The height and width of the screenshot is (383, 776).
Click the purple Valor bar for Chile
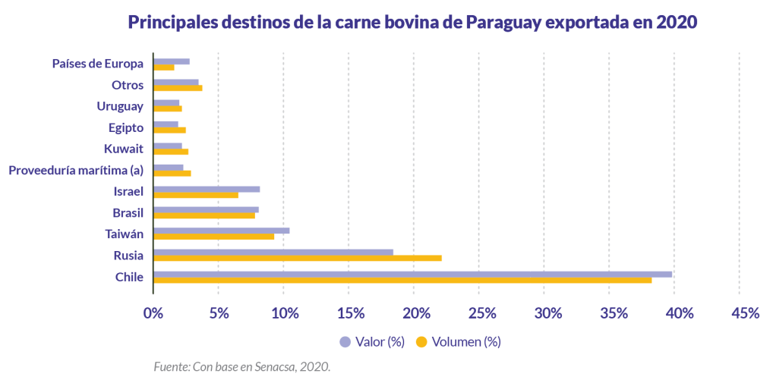click(x=412, y=274)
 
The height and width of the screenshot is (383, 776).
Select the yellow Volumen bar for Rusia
click(x=297, y=258)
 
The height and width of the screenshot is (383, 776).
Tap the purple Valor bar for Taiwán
click(x=221, y=231)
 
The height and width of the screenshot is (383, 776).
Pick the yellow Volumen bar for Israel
click(x=196, y=195)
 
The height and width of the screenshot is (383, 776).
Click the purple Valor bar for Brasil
click(x=206, y=209)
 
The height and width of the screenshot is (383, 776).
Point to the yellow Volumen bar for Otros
click(x=178, y=88)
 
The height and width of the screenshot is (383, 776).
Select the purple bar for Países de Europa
click(x=172, y=61)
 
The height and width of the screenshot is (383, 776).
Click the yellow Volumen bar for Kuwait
click(x=171, y=152)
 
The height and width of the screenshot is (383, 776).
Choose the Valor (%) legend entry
click(x=373, y=342)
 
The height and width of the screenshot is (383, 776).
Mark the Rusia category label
click(x=128, y=255)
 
